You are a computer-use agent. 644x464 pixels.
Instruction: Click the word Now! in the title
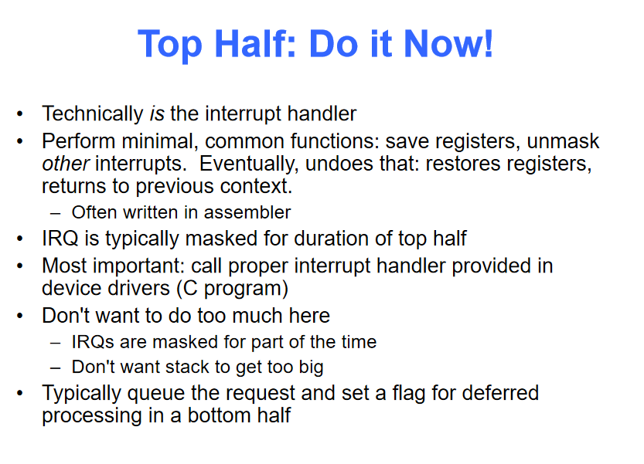coord(448,43)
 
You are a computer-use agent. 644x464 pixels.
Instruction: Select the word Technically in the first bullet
coord(93,114)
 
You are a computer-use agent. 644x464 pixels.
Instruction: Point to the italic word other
coord(65,163)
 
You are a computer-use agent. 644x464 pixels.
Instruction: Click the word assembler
coord(247,212)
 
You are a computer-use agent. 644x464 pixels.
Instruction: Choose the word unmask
coord(563,141)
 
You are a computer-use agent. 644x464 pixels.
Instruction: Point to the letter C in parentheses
coord(190,288)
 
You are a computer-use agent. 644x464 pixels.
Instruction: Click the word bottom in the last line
coord(220,415)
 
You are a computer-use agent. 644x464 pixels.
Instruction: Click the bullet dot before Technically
coord(20,113)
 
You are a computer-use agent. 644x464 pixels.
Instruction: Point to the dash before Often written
coord(56,213)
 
